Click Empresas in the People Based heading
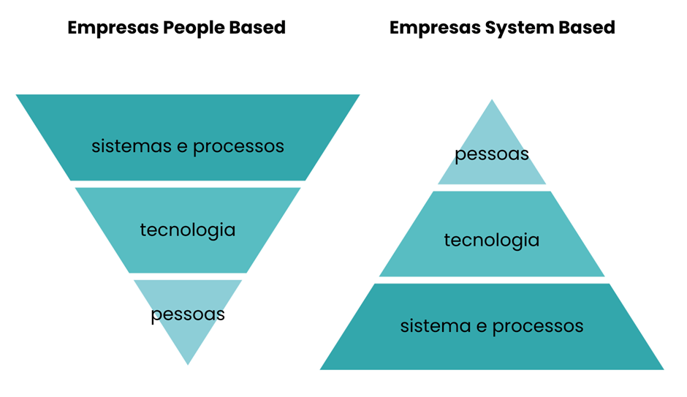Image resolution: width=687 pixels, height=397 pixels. pyautogui.click(x=113, y=28)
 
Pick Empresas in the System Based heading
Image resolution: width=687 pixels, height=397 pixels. pyautogui.click(x=434, y=28)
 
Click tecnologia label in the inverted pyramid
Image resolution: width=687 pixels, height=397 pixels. pyautogui.click(x=188, y=230)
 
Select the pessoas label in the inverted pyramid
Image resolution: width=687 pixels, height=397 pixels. pyautogui.click(x=188, y=315)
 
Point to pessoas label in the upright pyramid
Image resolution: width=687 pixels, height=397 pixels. pyautogui.click(x=492, y=155)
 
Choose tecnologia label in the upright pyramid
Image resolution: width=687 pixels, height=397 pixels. pyautogui.click(x=492, y=241)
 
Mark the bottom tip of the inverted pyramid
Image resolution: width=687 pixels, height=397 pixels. pyautogui.click(x=188, y=363)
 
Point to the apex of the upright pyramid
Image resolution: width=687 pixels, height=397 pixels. pyautogui.click(x=492, y=101)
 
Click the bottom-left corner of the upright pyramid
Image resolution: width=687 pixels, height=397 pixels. pyautogui.click(x=322, y=368)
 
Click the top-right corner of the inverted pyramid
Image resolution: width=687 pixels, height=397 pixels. pyautogui.click(x=358, y=95)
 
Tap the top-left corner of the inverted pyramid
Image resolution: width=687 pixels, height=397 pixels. pyautogui.click(x=18, y=95)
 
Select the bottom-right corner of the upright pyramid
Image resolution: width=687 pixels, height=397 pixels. pyautogui.click(x=662, y=368)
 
